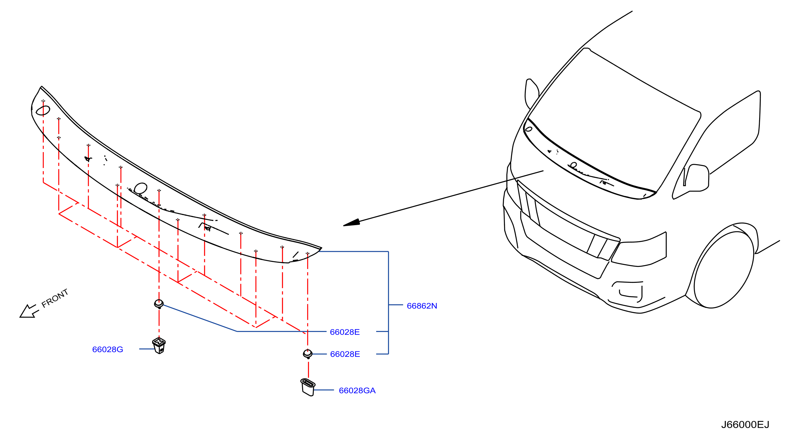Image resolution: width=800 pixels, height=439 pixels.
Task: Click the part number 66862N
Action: [x=422, y=306]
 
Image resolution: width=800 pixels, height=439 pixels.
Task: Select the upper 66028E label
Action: [x=345, y=332]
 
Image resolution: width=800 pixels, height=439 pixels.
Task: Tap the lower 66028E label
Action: [x=345, y=354]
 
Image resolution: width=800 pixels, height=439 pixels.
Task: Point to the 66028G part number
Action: [x=107, y=349]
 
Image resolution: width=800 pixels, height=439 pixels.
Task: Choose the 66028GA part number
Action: [x=357, y=390]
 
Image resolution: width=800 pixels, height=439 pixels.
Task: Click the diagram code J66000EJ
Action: [x=745, y=425]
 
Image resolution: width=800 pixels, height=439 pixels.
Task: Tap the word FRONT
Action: [x=55, y=298]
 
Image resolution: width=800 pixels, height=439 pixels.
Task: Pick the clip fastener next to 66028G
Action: [x=159, y=345]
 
